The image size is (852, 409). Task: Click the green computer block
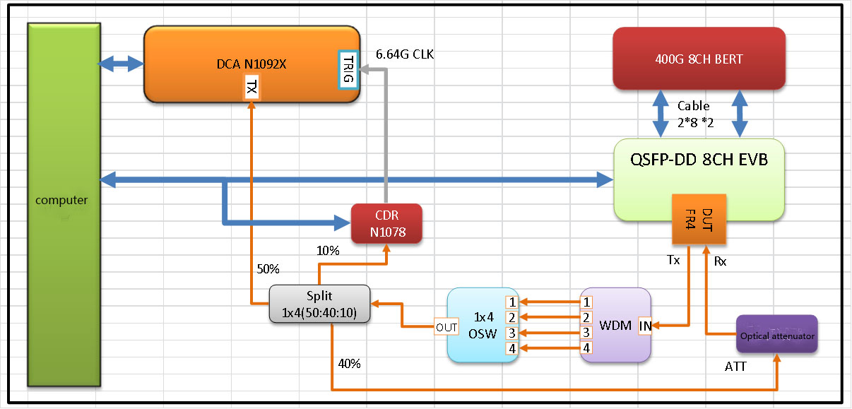point(62,205)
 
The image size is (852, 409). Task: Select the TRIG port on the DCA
point(348,69)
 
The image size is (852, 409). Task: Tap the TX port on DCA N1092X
point(252,88)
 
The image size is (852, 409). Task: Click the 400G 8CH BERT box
point(699,59)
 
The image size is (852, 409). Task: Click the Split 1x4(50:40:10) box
point(319,304)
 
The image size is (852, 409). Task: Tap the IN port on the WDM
point(646,326)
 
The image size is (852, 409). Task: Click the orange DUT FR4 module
point(699,218)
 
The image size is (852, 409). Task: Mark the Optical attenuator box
point(777,335)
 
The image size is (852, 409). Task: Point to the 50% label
point(268,269)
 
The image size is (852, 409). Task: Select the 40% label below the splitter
point(349,364)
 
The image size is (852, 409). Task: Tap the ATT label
point(735,366)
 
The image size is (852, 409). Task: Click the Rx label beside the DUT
point(721,261)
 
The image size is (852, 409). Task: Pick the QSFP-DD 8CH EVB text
point(699,160)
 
